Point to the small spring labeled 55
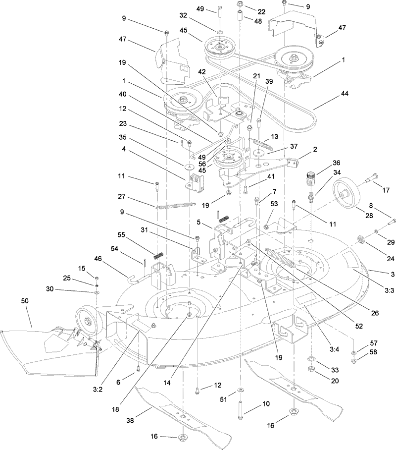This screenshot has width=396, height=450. click(x=158, y=256)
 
